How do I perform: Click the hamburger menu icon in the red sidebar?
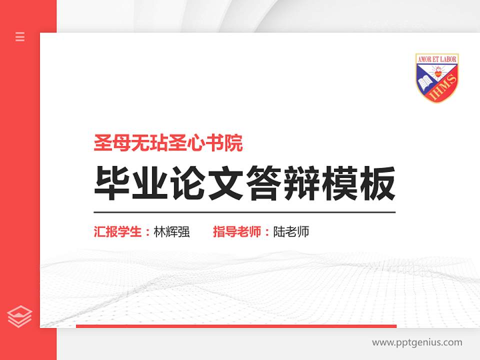(20, 36)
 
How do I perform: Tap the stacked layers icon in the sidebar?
(20, 316)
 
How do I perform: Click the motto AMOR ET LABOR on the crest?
(437, 58)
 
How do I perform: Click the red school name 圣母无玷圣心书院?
(168, 144)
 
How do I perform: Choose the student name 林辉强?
(172, 232)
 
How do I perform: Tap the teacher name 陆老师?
(291, 232)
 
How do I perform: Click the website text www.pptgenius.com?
(417, 342)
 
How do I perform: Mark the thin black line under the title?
(244, 212)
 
